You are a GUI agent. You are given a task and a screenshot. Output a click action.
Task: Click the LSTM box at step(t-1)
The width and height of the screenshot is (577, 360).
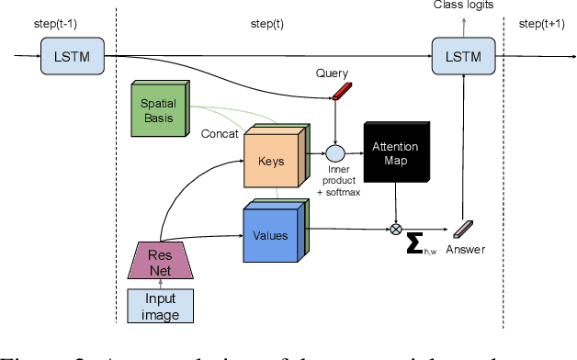click(x=72, y=58)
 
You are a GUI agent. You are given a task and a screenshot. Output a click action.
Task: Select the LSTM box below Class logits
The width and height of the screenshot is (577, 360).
click(x=463, y=58)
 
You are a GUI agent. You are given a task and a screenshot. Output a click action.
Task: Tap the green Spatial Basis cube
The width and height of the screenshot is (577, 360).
click(x=157, y=111)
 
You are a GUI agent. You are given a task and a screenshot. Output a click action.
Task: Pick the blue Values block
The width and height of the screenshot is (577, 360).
click(x=273, y=234)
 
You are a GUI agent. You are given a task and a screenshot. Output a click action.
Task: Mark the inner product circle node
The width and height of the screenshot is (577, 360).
click(x=335, y=153)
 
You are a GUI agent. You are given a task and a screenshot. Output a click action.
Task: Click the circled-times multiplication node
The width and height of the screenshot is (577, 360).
click(x=396, y=225)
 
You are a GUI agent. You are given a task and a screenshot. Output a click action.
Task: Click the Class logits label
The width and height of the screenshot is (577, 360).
click(x=463, y=6)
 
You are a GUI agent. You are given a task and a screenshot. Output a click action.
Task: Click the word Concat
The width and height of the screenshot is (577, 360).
click(x=220, y=133)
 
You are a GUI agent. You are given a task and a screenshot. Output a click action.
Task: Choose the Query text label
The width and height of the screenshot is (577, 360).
click(x=332, y=73)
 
